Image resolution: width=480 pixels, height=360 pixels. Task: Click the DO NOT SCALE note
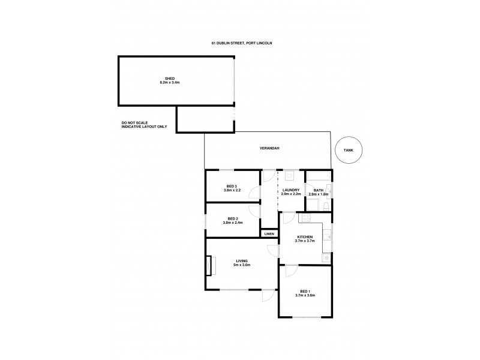pyautogui.click(x=134, y=122)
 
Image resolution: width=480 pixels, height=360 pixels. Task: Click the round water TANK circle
pyautogui.click(x=349, y=151)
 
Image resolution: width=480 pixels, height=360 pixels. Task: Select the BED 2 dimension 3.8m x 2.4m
pyautogui.click(x=232, y=223)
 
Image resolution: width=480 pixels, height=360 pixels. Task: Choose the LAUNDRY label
pyautogui.click(x=290, y=190)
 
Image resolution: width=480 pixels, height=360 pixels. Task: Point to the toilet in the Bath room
pyautogui.click(x=323, y=206)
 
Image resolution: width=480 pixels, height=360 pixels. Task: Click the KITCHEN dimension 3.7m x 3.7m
pyautogui.click(x=305, y=242)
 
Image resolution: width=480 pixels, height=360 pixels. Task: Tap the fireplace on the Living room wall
pyautogui.click(x=209, y=265)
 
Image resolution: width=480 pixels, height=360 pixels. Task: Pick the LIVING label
pyautogui.click(x=242, y=260)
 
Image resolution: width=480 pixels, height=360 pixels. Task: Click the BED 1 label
pyautogui.click(x=305, y=291)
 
